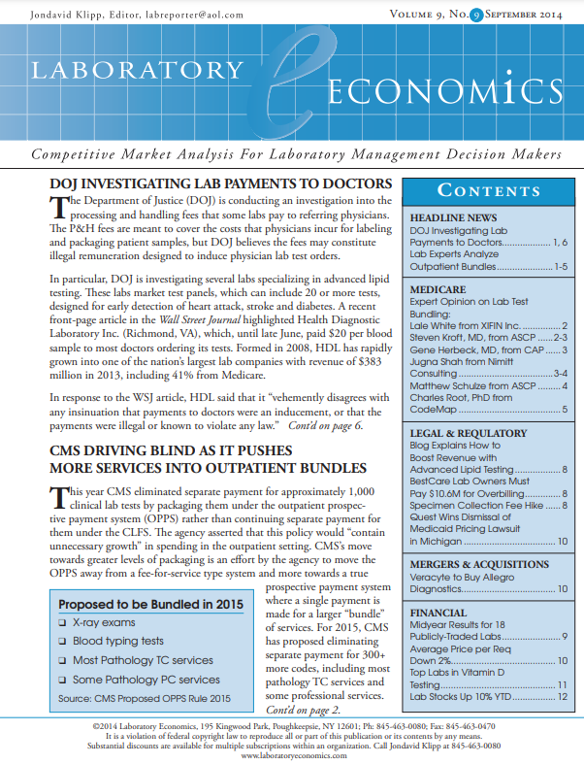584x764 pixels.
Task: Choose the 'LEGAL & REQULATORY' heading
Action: [470, 433]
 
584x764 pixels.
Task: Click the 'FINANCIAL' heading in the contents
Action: [439, 614]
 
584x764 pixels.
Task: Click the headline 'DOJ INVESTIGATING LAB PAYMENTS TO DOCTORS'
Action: [221, 184]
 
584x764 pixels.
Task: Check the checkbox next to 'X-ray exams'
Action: [63, 621]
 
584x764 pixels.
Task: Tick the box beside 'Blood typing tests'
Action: [63, 641]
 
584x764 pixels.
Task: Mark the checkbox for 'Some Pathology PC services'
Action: [63, 680]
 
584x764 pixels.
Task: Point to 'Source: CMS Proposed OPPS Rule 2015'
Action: [144, 698]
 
